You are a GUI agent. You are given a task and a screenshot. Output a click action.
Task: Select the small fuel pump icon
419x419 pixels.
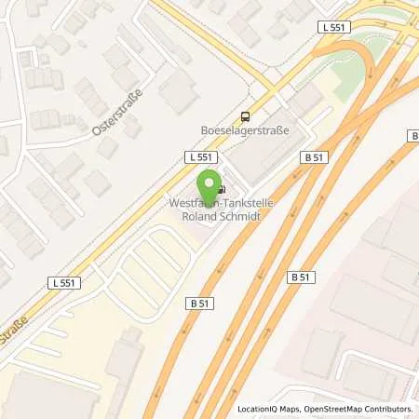(222, 188)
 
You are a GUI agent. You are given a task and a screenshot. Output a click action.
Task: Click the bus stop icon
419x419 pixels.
(245, 116)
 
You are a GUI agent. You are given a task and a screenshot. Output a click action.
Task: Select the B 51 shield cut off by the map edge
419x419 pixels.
(412, 135)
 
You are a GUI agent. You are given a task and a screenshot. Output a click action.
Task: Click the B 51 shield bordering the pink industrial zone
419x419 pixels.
(300, 277)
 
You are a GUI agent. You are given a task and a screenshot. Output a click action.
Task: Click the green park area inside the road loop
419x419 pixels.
(349, 67)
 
